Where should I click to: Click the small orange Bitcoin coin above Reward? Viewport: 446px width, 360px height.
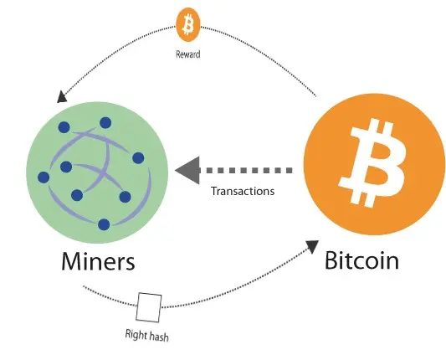click(188, 25)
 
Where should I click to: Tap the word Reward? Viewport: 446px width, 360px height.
click(188, 54)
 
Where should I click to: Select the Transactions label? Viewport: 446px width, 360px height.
click(243, 191)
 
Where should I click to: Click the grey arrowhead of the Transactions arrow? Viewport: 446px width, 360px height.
click(187, 170)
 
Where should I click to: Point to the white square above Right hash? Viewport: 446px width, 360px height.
click(149, 307)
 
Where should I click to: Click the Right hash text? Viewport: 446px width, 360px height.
click(147, 335)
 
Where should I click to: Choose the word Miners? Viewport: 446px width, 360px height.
click(98, 261)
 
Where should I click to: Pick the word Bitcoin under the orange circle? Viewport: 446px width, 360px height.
click(361, 260)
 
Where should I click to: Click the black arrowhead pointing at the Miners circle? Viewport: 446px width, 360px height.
click(62, 97)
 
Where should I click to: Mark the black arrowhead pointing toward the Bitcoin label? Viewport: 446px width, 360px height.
click(312, 246)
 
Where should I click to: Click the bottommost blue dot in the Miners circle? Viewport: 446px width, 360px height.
click(104, 224)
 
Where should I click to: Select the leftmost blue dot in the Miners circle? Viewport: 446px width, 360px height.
click(44, 177)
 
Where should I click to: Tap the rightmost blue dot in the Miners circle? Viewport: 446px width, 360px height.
click(138, 158)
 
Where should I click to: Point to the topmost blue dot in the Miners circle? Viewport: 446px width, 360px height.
click(105, 123)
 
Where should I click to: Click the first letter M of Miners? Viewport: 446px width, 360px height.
click(70, 261)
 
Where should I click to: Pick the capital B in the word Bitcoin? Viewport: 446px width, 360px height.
click(331, 260)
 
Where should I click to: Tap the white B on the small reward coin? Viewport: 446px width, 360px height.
click(188, 25)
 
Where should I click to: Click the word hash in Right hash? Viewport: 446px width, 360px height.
click(159, 337)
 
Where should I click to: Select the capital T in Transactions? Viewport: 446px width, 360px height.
click(214, 191)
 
